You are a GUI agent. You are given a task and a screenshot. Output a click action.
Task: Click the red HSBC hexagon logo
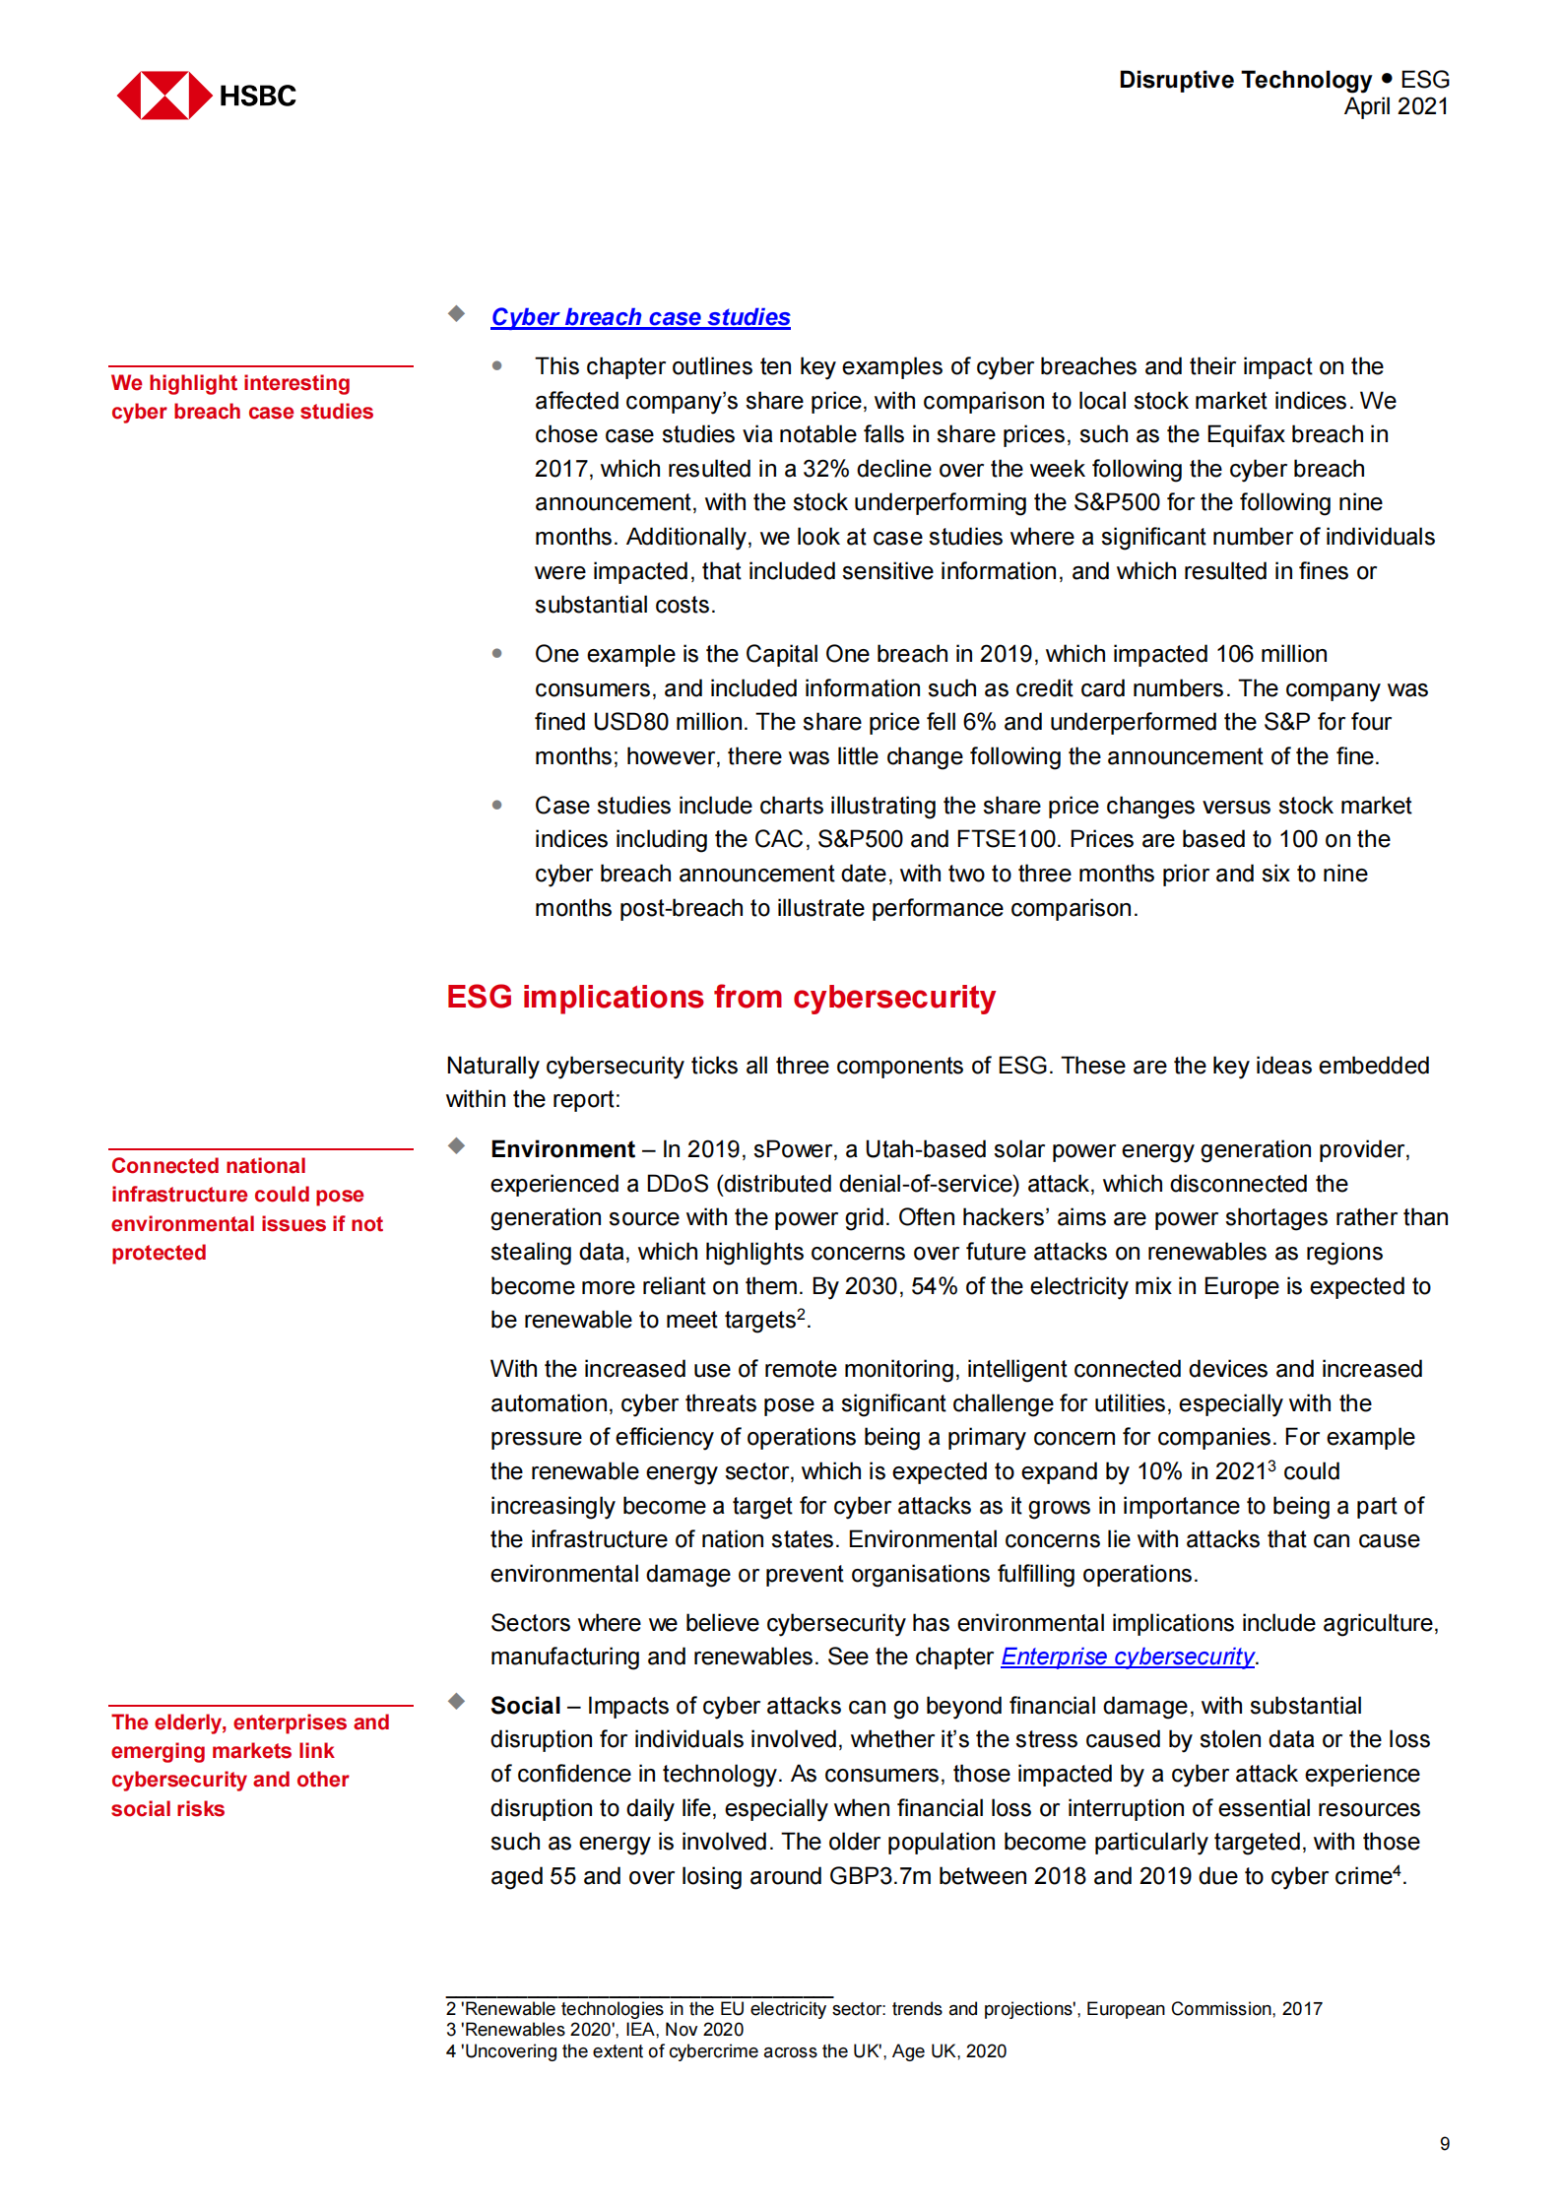coord(163,96)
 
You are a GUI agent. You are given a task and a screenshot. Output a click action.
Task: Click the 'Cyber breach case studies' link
coord(640,317)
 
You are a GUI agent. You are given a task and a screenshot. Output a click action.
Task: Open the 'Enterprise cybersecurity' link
coord(1127,1657)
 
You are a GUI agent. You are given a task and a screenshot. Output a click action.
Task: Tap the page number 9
coord(1444,2144)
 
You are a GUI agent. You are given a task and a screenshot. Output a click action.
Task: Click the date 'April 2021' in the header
coord(1396,106)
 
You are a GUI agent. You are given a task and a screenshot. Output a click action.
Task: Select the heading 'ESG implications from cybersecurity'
coord(720,997)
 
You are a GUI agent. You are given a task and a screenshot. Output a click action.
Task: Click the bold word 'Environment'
coord(562,1149)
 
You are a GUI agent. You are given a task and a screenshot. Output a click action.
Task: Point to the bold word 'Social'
coord(525,1706)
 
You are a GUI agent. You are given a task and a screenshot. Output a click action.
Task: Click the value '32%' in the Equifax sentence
coord(825,469)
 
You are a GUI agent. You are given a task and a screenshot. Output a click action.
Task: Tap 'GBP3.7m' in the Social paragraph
coord(879,1876)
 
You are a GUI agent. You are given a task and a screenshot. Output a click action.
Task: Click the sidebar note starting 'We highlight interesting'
coord(241,397)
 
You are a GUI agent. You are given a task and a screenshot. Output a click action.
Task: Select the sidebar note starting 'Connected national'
coord(246,1208)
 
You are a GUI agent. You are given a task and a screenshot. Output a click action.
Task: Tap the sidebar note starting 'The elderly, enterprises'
coord(249,1765)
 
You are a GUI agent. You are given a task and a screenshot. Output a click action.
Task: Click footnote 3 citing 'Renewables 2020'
coord(595,2030)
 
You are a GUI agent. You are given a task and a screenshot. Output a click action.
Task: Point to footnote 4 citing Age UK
coord(726,2051)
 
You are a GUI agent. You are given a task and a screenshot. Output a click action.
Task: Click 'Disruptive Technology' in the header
coord(1244,80)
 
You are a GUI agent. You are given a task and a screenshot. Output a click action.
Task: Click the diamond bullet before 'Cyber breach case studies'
coord(456,314)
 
